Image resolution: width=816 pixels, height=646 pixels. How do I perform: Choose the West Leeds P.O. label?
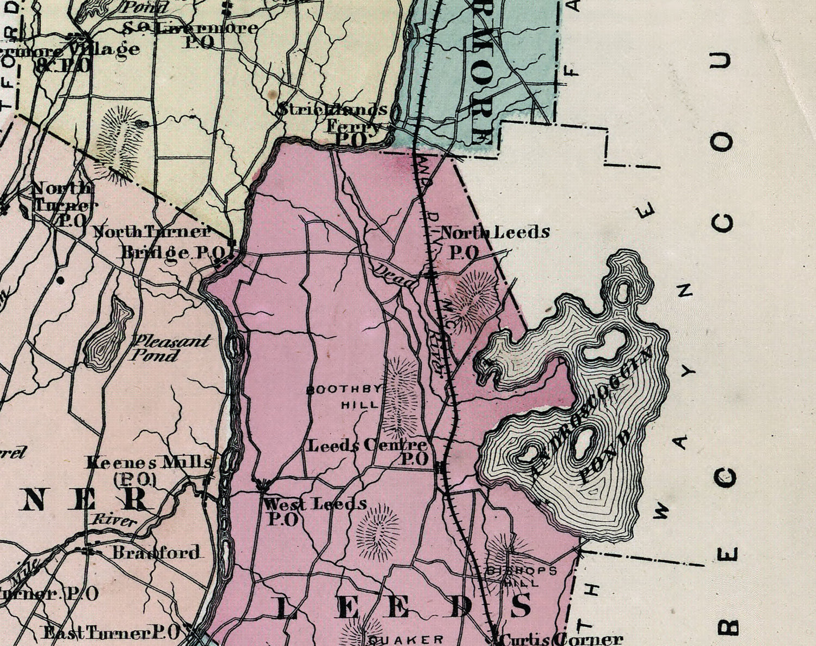coord(314,510)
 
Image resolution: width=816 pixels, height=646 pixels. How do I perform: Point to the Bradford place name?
coord(156,552)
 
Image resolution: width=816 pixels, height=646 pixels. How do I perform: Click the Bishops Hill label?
coord(521,576)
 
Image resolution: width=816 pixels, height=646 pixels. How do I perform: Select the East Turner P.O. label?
coord(112,633)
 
